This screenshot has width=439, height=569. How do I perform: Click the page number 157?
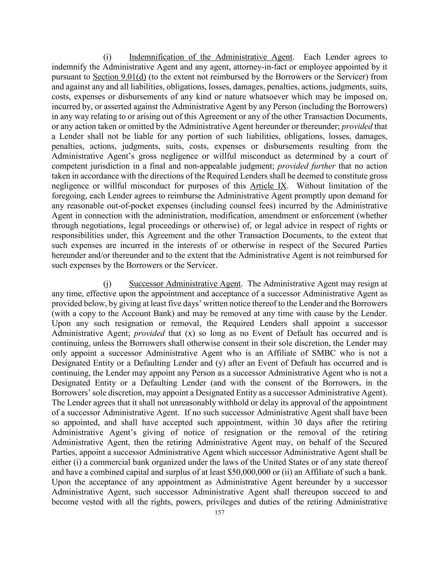[x=219, y=512]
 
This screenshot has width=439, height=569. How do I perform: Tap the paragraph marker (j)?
[x=107, y=284]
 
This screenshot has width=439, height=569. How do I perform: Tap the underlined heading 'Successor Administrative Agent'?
[x=185, y=284]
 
